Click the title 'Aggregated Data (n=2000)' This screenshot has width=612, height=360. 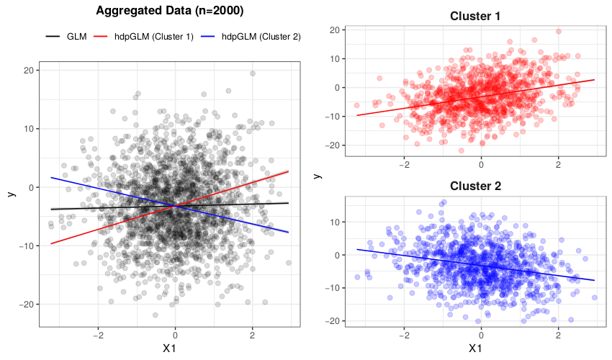tap(170, 11)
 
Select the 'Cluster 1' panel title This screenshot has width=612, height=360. tap(475, 16)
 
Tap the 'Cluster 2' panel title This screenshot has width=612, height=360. tap(475, 186)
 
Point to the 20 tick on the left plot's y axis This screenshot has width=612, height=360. tap(28, 70)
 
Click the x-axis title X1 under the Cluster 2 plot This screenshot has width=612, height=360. tap(475, 348)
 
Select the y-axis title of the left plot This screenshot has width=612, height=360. tap(10, 193)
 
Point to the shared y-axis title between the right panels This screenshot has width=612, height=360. tap(319, 176)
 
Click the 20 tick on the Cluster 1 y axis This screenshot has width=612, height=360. tap(333, 30)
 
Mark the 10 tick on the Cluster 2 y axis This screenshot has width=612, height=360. tap(333, 222)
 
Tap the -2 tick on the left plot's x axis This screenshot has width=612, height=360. tap(98, 335)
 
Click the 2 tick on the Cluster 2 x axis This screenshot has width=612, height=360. tap(558, 335)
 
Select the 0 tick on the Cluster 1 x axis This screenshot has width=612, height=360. tap(481, 164)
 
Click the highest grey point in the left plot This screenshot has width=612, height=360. tap(253, 73)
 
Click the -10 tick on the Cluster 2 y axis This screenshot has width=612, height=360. tap(331, 288)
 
